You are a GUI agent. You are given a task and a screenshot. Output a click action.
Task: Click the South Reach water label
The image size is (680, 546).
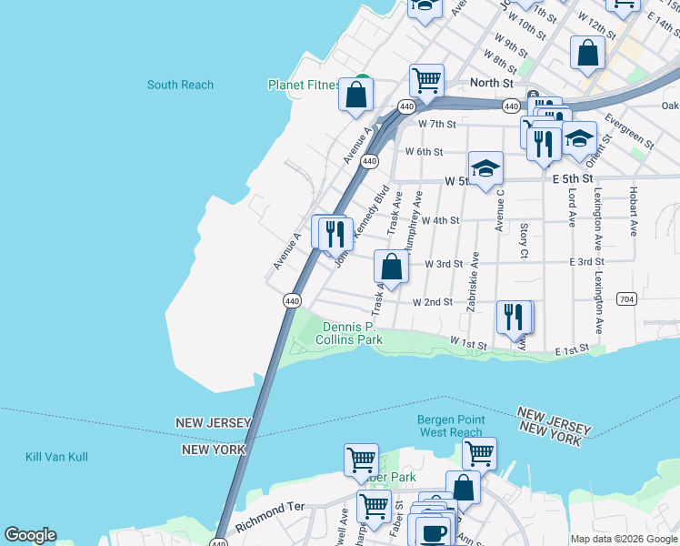(180, 85)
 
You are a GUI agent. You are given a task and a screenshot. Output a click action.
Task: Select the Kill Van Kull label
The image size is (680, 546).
(56, 457)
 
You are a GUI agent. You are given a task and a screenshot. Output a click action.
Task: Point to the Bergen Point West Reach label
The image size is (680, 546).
(452, 426)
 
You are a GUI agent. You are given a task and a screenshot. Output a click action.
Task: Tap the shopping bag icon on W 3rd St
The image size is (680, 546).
(391, 268)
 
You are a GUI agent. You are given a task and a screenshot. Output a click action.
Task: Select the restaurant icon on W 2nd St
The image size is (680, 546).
(514, 317)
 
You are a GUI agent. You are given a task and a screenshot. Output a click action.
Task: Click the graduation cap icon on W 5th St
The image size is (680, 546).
(486, 168)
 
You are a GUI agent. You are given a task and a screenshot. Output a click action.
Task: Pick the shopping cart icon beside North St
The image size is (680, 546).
(425, 81)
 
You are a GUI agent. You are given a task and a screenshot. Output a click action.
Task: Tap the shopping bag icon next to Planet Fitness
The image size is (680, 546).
(356, 93)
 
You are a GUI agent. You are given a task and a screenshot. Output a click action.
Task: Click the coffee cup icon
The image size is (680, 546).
(434, 531)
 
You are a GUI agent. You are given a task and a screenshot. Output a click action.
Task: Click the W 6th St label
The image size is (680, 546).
(424, 152)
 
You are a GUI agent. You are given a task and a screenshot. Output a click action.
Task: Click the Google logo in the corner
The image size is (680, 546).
(30, 535)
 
